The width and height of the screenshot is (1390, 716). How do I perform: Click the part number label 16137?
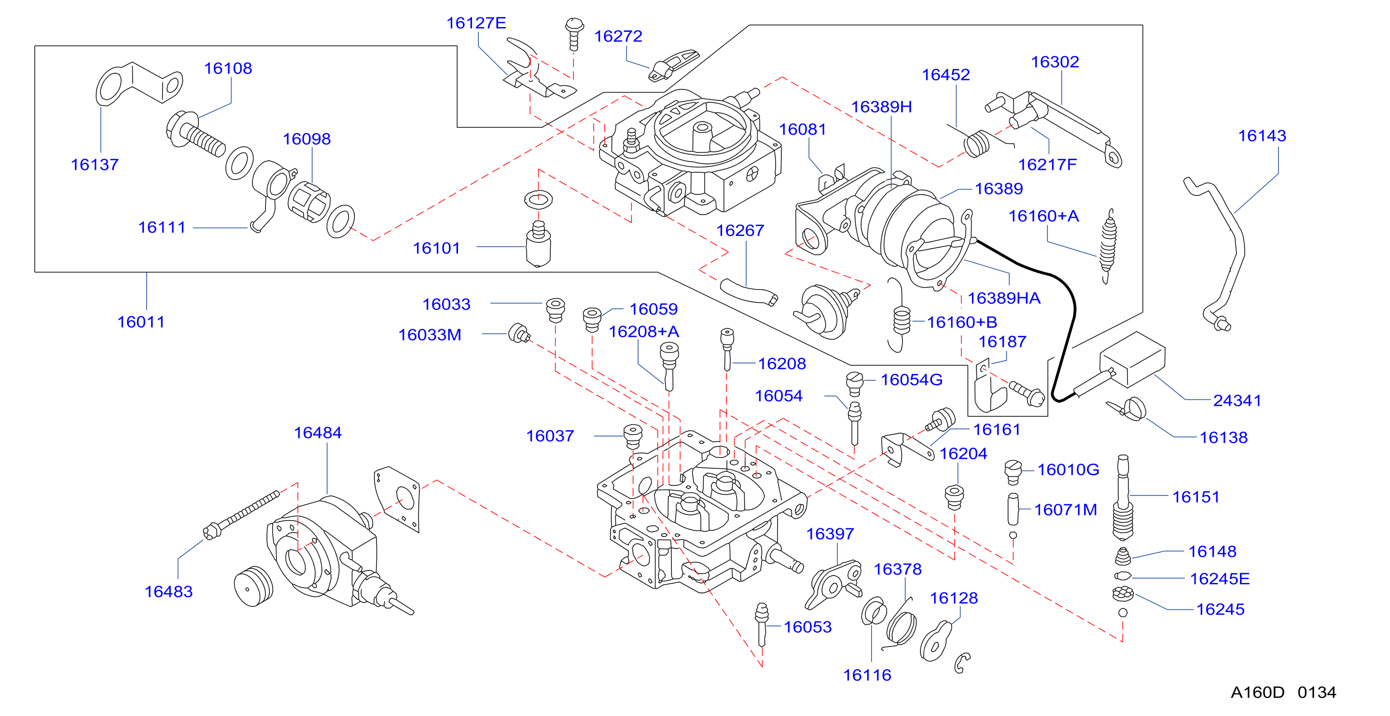(95, 165)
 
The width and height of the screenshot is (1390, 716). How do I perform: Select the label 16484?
(318, 433)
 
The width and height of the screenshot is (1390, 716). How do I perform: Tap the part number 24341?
(1237, 400)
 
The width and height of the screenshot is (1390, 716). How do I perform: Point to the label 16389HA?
(1004, 298)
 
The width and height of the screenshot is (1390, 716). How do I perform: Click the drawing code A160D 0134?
(1284, 692)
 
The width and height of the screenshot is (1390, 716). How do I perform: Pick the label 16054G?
(911, 380)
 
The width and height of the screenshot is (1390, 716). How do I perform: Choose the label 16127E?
(476, 23)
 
